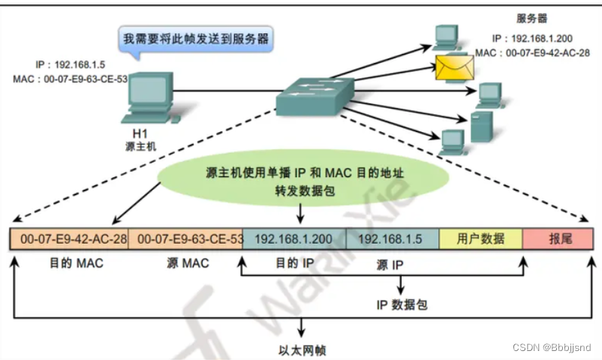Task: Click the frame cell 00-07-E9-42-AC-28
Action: coord(69,239)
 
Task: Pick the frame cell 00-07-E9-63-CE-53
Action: coord(186,239)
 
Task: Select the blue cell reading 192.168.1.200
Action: coord(294,239)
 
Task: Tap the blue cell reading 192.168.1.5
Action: coord(392,239)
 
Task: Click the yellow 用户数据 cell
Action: coord(480,239)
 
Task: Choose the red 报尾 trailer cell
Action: coord(558,239)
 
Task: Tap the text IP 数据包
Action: coord(402,304)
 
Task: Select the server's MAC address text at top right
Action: coord(531,54)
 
